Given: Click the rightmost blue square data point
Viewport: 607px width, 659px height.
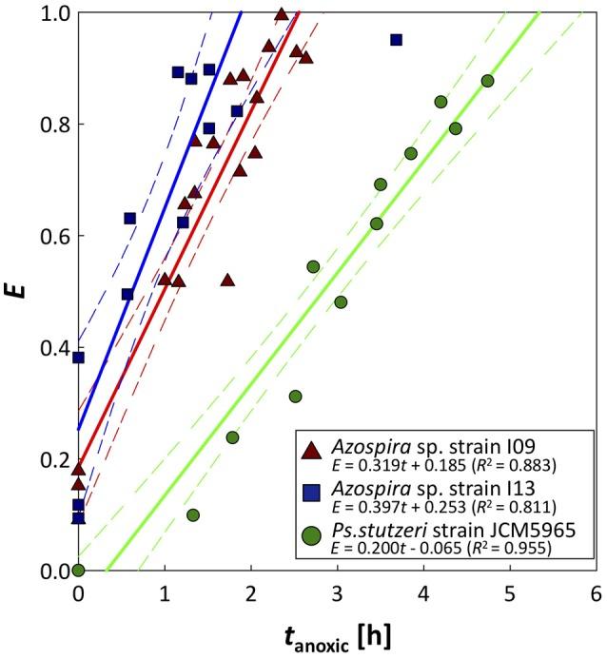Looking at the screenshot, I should (x=396, y=40).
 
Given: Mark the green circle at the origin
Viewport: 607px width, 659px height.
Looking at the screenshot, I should (x=79, y=571).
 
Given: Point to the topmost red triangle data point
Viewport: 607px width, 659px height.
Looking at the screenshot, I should (x=281, y=14).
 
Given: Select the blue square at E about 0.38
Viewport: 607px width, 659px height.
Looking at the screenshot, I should (x=79, y=358).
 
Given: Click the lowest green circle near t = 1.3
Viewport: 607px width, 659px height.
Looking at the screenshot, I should (x=193, y=514).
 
